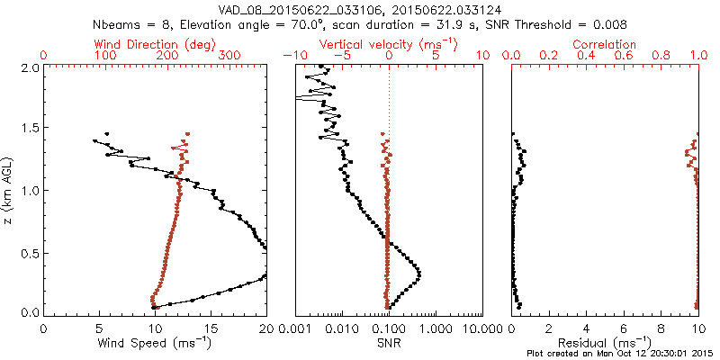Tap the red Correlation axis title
click(606, 44)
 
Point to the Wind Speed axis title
click(155, 343)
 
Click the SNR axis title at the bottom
click(388, 343)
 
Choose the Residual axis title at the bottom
click(606, 343)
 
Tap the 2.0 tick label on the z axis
click(30, 67)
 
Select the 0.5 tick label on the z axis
click(30, 252)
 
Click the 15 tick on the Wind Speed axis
click(211, 328)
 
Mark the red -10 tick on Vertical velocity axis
click(292, 56)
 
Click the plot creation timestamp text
click(621, 354)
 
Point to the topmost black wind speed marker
click(107, 133)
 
